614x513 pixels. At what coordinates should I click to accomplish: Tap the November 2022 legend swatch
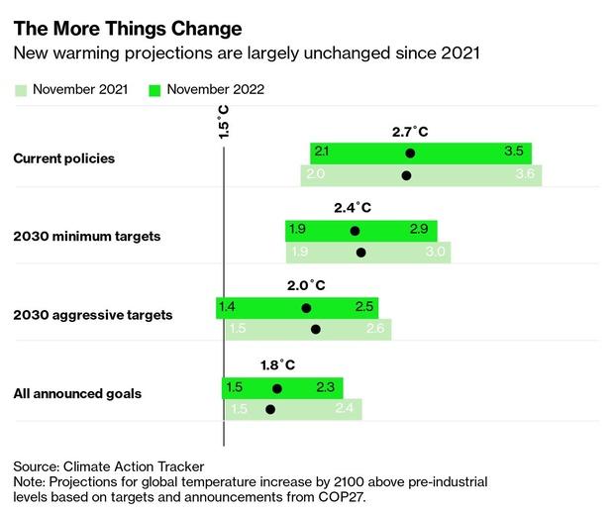click(154, 90)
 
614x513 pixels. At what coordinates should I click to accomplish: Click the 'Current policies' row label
click(63, 158)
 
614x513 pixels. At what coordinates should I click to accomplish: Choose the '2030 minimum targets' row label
click(86, 237)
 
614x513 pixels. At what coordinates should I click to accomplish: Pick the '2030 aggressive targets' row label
click(92, 315)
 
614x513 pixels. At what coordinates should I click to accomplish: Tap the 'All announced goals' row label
click(77, 393)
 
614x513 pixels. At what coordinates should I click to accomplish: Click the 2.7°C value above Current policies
click(409, 131)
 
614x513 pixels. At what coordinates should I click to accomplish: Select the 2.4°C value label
click(353, 208)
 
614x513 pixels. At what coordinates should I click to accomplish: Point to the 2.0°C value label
click(306, 285)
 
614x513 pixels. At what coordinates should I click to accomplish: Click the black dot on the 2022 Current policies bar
click(410, 154)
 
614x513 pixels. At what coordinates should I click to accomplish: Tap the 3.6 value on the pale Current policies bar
click(524, 175)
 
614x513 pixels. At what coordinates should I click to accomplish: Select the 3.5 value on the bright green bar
click(514, 153)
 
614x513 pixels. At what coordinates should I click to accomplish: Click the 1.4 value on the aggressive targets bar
click(227, 307)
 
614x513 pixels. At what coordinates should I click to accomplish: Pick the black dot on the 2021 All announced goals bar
click(270, 409)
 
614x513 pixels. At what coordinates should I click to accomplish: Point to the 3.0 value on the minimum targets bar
click(434, 253)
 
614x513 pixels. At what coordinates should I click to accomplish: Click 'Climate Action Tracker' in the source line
click(133, 465)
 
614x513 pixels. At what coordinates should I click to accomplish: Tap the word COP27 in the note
click(338, 497)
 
